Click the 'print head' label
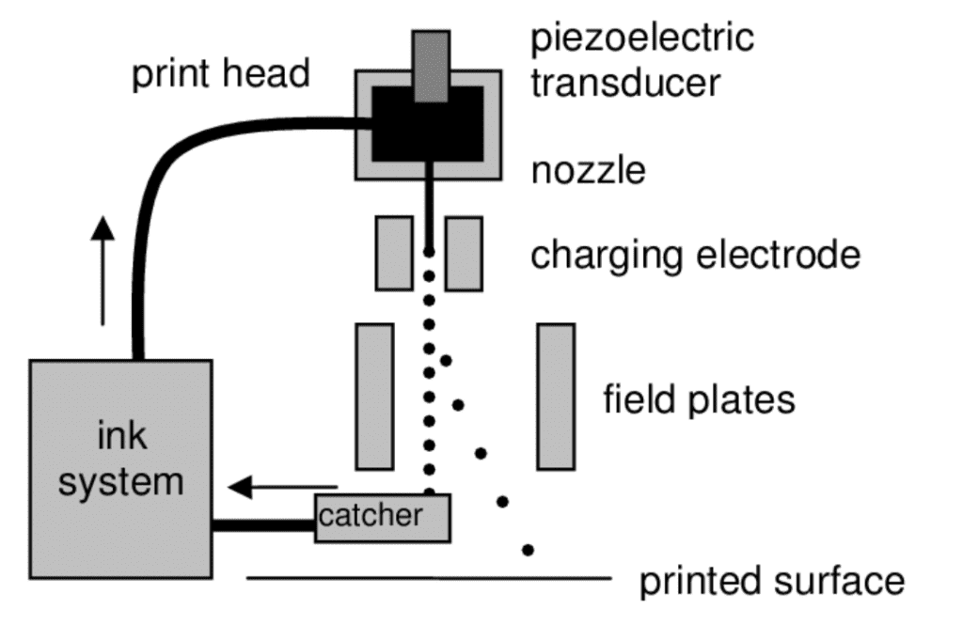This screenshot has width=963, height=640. [220, 73]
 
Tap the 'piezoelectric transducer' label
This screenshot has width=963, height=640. [642, 60]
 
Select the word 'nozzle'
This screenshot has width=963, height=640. [589, 171]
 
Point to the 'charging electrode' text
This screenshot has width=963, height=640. [695, 255]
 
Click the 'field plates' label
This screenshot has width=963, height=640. [699, 399]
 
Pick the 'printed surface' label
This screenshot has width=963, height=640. [772, 581]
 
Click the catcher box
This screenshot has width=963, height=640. [382, 518]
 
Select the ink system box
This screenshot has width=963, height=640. [120, 468]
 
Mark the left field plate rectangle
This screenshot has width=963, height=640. [374, 396]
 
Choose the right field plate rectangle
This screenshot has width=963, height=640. [556, 396]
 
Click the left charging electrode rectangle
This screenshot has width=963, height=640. [394, 253]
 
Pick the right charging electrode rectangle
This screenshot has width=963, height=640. [464, 253]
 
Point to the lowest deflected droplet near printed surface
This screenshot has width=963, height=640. [529, 549]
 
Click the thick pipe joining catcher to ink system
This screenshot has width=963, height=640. [263, 525]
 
